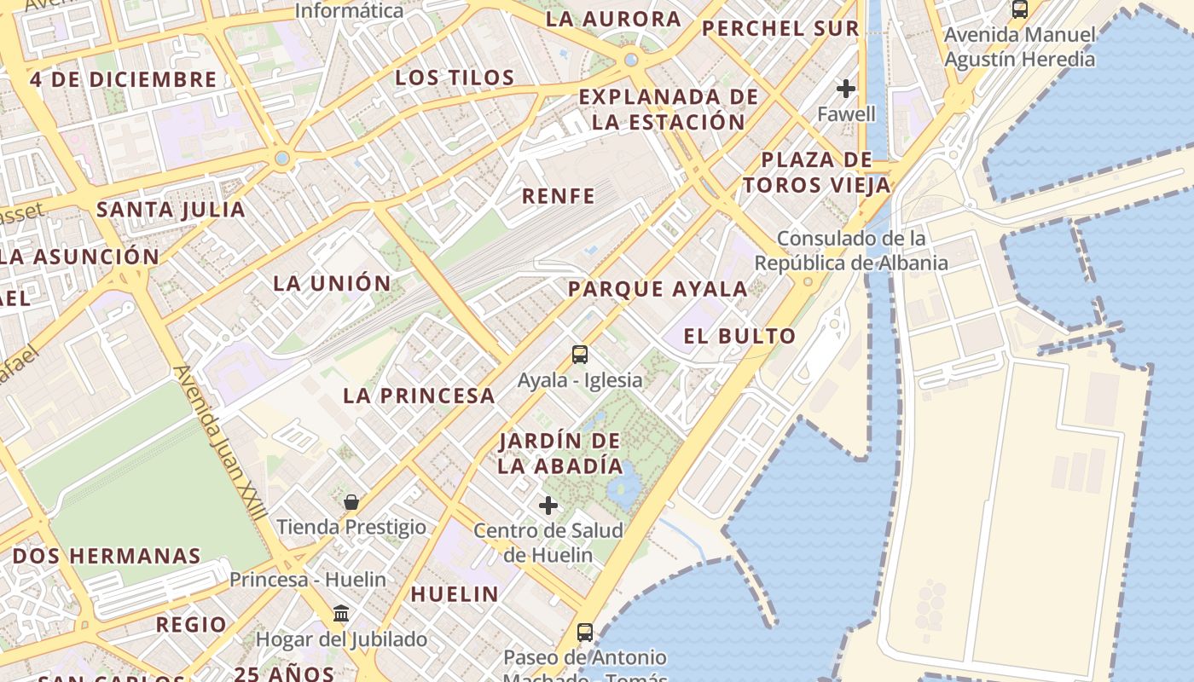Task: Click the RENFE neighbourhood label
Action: [559, 196]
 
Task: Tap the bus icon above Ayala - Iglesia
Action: [580, 355]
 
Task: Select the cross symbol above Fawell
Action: [846, 89]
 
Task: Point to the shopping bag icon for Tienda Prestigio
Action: [351, 502]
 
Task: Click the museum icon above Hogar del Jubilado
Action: [341, 614]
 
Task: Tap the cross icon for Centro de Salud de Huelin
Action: [548, 506]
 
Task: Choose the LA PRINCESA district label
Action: [419, 396]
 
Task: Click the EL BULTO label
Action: [739, 336]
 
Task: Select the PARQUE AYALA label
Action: [658, 289]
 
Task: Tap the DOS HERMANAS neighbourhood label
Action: [107, 556]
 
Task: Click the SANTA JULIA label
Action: [171, 210]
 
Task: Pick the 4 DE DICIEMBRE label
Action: [124, 80]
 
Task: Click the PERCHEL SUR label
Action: [780, 28]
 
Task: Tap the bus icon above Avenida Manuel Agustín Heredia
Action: [1020, 9]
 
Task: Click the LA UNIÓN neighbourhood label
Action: [332, 283]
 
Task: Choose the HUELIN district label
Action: [455, 594]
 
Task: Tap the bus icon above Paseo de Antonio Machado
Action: [585, 633]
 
